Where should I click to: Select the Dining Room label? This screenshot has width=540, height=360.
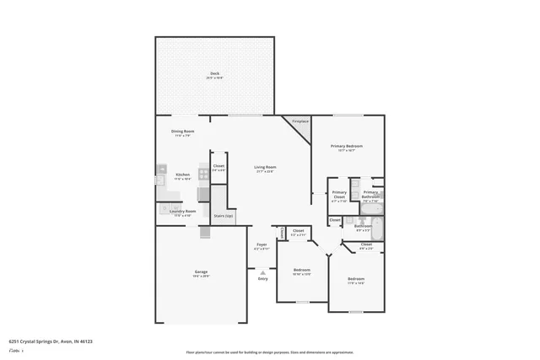pyautogui.click(x=183, y=132)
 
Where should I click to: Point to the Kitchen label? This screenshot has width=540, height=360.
pyautogui.click(x=182, y=176)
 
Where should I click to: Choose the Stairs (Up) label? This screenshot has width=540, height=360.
pyautogui.click(x=223, y=216)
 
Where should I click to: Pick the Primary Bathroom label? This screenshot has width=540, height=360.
pyautogui.click(x=370, y=196)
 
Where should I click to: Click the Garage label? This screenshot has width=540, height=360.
pyautogui.click(x=201, y=272)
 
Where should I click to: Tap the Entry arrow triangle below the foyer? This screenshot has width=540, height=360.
pyautogui.click(x=263, y=271)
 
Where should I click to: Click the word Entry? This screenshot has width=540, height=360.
pyautogui.click(x=263, y=279)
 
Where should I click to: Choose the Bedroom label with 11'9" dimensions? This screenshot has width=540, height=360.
pyautogui.click(x=356, y=280)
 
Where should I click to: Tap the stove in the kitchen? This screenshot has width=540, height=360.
pyautogui.click(x=203, y=173)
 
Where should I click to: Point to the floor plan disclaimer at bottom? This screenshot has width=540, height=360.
pyautogui.click(x=269, y=352)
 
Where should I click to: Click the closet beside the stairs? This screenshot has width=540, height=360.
pyautogui.click(x=219, y=168)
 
